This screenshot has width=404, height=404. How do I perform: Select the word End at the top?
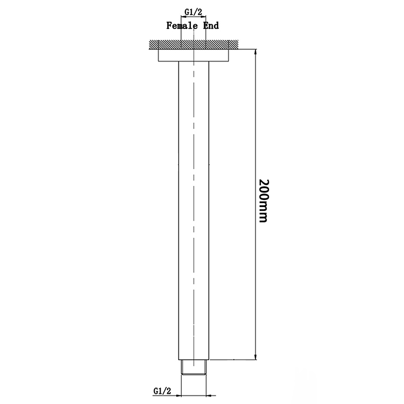click(211, 25)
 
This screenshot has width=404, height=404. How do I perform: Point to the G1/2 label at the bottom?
click(161, 390)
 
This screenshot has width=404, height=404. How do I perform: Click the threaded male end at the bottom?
click(194, 367)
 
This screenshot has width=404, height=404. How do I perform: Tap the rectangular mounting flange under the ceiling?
click(194, 55)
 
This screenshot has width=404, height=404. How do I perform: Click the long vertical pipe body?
click(194, 202)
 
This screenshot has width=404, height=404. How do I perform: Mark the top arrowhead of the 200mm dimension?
click(256, 53)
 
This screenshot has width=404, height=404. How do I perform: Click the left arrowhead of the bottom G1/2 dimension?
click(183, 395)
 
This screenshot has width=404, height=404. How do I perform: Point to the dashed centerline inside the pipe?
click(194, 151)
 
